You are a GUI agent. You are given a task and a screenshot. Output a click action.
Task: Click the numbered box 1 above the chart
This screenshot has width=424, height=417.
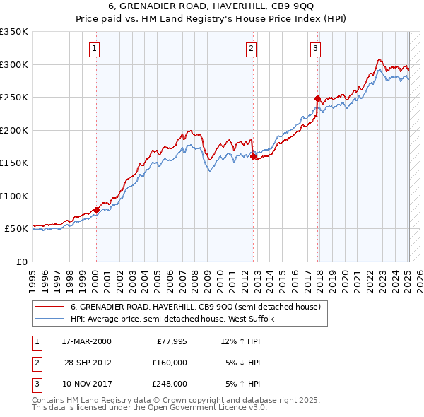(x=95, y=49)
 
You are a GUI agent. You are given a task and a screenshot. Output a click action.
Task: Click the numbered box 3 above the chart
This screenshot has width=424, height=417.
(x=315, y=49)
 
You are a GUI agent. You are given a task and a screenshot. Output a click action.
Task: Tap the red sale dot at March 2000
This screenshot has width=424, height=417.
(x=96, y=211)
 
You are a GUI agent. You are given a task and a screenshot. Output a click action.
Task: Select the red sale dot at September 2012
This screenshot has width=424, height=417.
(x=253, y=157)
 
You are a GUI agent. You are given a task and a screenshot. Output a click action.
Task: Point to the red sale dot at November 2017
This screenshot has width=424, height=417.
(x=317, y=99)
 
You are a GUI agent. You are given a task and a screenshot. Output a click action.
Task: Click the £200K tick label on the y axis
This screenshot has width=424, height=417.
(x=14, y=130)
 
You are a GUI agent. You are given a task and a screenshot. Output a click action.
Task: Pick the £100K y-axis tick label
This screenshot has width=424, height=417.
(x=14, y=196)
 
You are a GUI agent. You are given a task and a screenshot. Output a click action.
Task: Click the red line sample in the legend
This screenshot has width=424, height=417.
(x=49, y=307)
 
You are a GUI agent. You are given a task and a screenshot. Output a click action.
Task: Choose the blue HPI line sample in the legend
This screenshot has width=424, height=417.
(x=49, y=319)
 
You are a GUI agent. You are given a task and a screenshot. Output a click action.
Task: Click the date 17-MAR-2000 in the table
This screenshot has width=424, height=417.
(x=86, y=341)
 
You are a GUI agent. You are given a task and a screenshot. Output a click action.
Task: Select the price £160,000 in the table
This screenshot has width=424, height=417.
(x=170, y=363)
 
